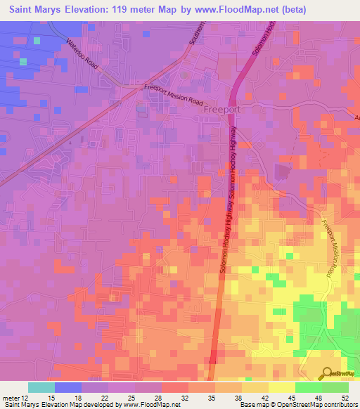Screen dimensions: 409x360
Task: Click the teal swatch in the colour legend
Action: pyautogui.click(x=41, y=387)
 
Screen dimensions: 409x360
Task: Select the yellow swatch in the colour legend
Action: pyautogui.click(x=281, y=387)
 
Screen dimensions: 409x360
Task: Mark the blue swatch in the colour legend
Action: pyautogui.click(x=67, y=387)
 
